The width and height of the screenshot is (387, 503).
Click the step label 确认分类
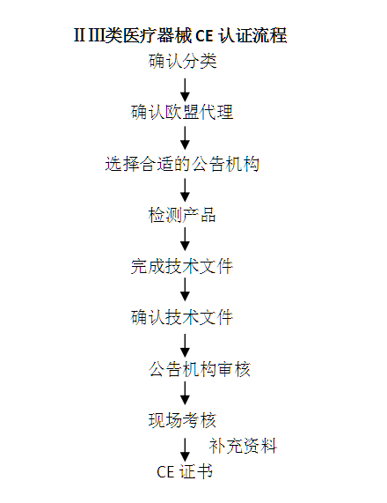pyautogui.click(x=182, y=61)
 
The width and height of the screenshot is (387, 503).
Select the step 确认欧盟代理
pyautogui.click(x=182, y=112)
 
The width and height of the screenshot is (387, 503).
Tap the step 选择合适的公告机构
pyautogui.click(x=182, y=164)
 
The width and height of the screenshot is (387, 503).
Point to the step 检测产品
pyautogui.click(x=182, y=215)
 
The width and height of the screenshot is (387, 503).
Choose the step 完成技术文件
pyautogui.click(x=182, y=267)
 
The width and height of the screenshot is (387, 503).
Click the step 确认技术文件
pyautogui.click(x=182, y=318)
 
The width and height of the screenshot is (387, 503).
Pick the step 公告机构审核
pyautogui.click(x=200, y=369)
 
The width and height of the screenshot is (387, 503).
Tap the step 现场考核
pyautogui.click(x=182, y=420)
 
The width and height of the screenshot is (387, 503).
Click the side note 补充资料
pyautogui.click(x=243, y=446)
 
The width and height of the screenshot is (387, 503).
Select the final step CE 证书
pyautogui.click(x=185, y=472)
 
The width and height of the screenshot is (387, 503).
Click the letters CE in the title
pyautogui.click(x=204, y=35)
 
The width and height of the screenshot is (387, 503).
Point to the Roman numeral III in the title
pyautogui.click(x=96, y=35)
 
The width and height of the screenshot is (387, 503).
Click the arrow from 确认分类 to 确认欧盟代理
pyautogui.click(x=185, y=90)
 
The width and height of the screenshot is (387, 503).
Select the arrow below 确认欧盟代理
pyautogui.click(x=185, y=138)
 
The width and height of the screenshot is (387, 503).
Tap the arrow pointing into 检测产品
pyautogui.click(x=185, y=190)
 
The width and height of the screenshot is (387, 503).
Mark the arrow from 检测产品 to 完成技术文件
pyautogui.click(x=185, y=239)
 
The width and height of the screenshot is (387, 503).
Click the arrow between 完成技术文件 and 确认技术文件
pyautogui.click(x=185, y=289)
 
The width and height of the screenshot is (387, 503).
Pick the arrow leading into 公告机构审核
pyautogui.click(x=185, y=345)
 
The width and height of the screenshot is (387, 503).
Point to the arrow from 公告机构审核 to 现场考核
pyautogui.click(x=185, y=393)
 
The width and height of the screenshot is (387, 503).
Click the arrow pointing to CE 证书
pyautogui.click(x=185, y=450)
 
